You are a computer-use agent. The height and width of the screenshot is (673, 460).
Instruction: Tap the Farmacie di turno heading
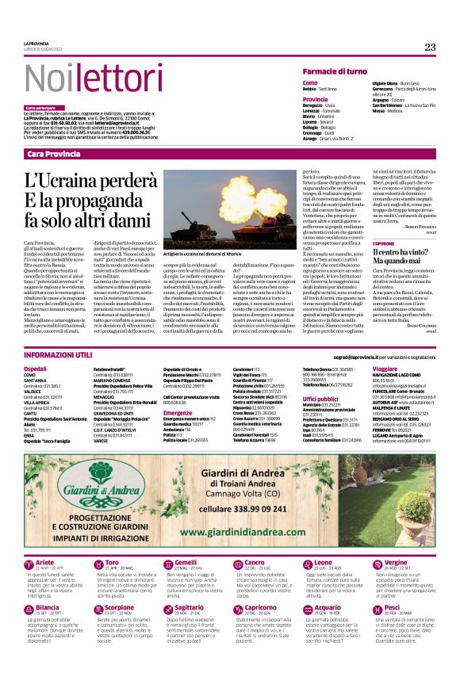[x=335, y=71]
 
